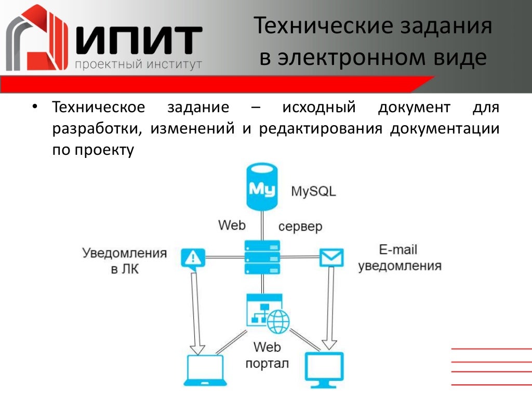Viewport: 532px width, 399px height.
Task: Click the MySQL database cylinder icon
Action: tap(261, 187)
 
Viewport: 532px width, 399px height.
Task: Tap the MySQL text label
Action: tap(313, 191)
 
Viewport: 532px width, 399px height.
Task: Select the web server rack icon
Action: tap(262, 257)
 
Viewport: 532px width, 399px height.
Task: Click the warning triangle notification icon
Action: tap(193, 258)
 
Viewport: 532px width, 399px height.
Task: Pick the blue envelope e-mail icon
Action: tap(331, 257)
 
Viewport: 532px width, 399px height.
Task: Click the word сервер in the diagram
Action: tap(300, 227)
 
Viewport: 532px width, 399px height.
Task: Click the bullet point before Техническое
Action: tap(35, 107)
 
